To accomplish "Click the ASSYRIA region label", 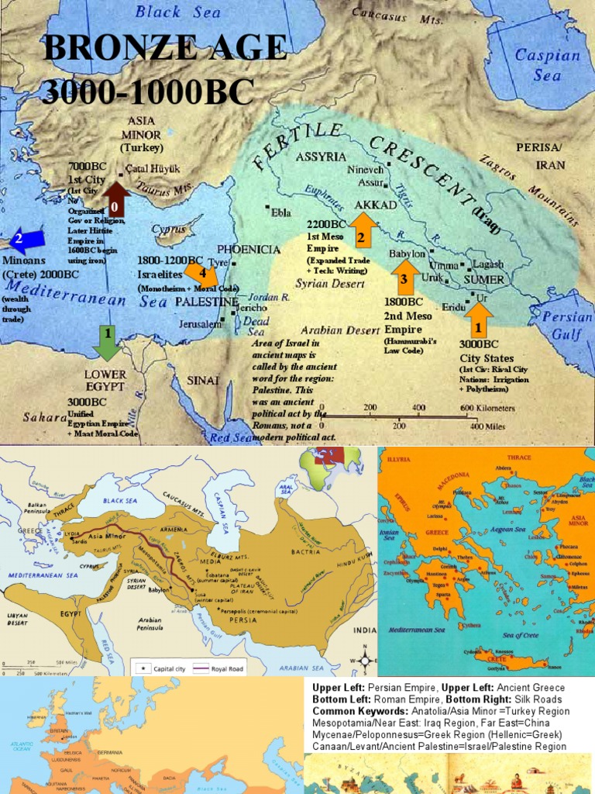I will coord(320,157).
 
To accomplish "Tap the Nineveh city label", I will coord(365,170).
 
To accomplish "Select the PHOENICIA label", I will coord(248,250).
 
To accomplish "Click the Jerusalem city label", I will coord(200,324).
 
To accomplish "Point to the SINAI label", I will coord(203,381).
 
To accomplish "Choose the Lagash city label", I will coord(488,264).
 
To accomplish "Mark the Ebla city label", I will coord(280,212).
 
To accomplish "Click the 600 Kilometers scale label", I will coord(488,408).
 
